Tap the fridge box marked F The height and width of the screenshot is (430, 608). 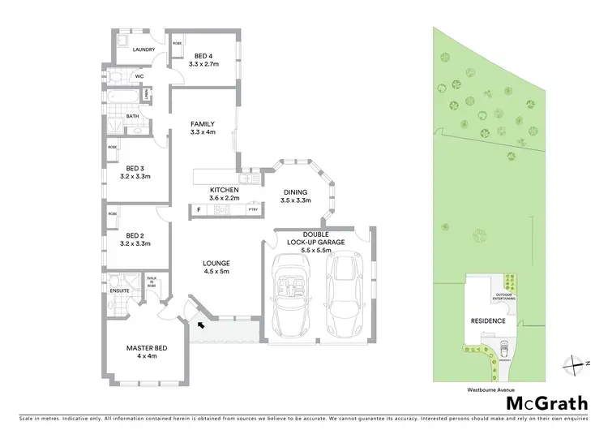point(199,210)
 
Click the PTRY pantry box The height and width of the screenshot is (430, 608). point(251,210)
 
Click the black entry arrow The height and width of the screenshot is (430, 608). point(199,325)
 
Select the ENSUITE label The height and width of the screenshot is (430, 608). point(120,288)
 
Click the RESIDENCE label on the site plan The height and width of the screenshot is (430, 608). point(488,320)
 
